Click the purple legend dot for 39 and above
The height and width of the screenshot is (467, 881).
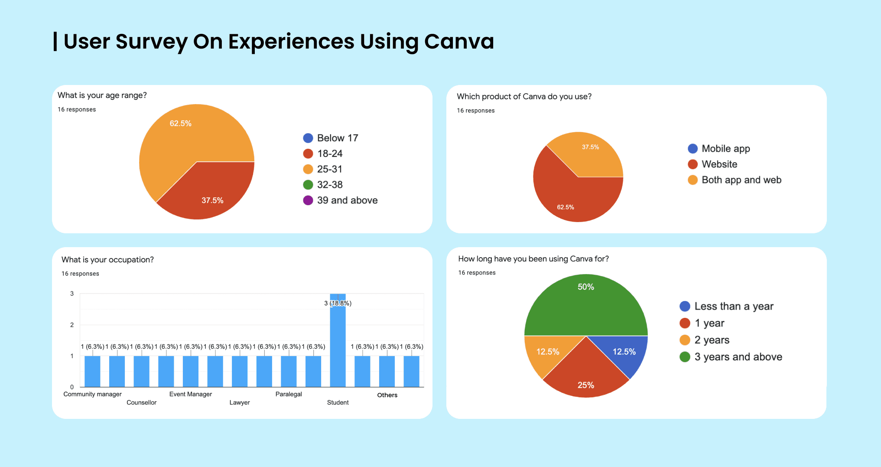click(308, 200)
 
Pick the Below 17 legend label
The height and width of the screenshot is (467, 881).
click(338, 138)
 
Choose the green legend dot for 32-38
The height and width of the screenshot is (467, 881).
click(308, 185)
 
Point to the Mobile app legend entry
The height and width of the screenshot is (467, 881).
click(725, 149)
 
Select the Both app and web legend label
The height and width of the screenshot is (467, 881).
click(741, 180)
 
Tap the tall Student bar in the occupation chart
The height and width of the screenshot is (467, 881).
click(338, 347)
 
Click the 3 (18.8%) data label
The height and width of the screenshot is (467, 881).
click(338, 303)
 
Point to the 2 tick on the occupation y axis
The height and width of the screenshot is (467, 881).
click(72, 325)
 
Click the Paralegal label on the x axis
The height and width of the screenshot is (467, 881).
click(289, 394)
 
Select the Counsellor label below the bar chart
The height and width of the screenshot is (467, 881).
click(141, 402)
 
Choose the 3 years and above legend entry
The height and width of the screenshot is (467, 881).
click(738, 357)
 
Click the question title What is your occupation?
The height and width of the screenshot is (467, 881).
click(107, 260)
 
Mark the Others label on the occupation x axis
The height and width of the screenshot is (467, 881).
click(387, 395)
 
